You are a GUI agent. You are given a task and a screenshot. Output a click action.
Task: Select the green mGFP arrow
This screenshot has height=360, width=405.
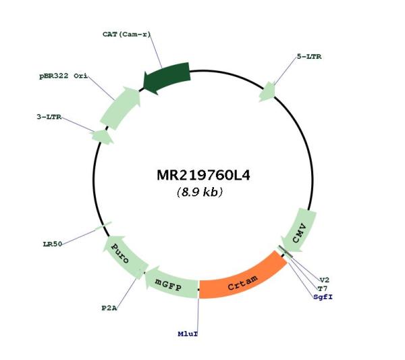click(x=171, y=283)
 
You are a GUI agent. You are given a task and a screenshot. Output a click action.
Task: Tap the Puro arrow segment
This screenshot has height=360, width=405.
click(x=124, y=256)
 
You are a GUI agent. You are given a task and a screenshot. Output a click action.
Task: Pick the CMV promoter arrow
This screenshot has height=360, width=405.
click(x=300, y=231)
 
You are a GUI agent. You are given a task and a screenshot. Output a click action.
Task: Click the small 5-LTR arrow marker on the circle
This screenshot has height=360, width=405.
click(x=268, y=92)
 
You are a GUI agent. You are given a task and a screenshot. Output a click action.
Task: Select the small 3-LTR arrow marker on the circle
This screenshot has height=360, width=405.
click(x=102, y=136)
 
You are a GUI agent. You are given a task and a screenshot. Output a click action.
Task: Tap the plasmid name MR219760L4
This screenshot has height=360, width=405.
click(x=204, y=176)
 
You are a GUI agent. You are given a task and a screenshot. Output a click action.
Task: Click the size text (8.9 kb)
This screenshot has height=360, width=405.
click(x=200, y=192)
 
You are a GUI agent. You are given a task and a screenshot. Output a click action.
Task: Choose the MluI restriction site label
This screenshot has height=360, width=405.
click(x=188, y=334)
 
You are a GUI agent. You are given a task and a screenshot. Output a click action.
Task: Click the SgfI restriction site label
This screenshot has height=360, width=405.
click(x=323, y=297)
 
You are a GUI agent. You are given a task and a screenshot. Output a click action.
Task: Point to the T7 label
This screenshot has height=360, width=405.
click(x=323, y=288)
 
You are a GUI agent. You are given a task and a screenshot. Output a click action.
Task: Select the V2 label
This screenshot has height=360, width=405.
click(x=325, y=280)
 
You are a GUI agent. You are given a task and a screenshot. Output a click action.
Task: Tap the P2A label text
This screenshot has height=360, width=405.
click(x=109, y=308)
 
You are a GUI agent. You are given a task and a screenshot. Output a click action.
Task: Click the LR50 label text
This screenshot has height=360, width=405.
click(x=53, y=245)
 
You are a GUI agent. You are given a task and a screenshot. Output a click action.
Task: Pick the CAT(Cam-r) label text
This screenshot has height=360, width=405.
click(x=127, y=34)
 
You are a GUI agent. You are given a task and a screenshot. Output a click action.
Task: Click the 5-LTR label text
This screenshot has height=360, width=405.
click(x=309, y=57)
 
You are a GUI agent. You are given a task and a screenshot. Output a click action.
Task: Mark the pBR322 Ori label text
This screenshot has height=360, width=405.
click(x=63, y=76)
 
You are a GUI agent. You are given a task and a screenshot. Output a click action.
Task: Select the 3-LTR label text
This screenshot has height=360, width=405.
click(x=49, y=117)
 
